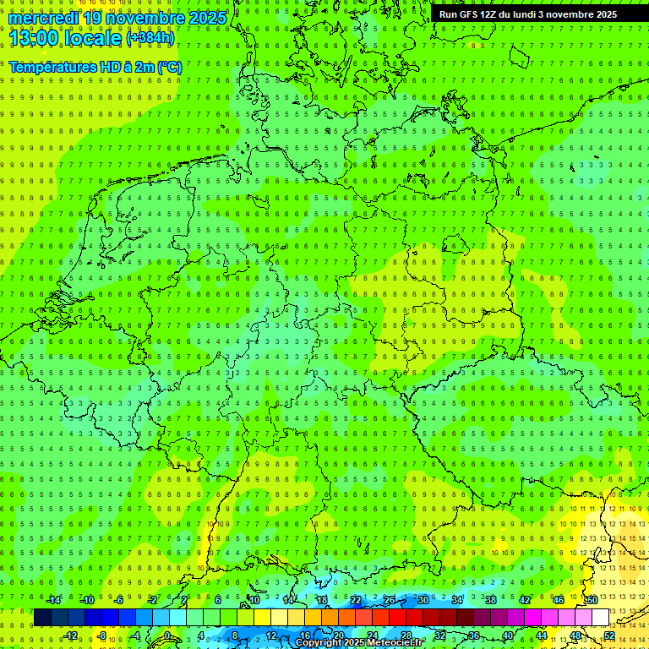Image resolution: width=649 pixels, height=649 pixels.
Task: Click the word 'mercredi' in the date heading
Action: coord(43,18)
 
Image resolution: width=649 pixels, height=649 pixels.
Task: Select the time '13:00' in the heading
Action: coord(35,38)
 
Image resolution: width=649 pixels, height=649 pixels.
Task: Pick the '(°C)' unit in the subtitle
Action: coord(169,67)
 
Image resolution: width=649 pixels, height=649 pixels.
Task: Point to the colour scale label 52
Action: coord(609,635)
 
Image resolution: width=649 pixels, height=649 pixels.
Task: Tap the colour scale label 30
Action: coord(423,600)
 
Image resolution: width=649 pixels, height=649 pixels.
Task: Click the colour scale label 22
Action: coord(356,600)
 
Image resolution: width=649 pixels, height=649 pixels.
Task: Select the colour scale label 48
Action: coord(575,635)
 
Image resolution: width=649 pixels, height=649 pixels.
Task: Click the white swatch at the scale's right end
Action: coord(600,617)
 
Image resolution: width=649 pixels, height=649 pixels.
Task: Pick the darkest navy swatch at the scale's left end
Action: coord(42,617)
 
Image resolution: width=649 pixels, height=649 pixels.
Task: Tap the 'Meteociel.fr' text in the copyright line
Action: coord(390,643)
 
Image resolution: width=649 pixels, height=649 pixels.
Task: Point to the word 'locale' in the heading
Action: coord(92,38)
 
